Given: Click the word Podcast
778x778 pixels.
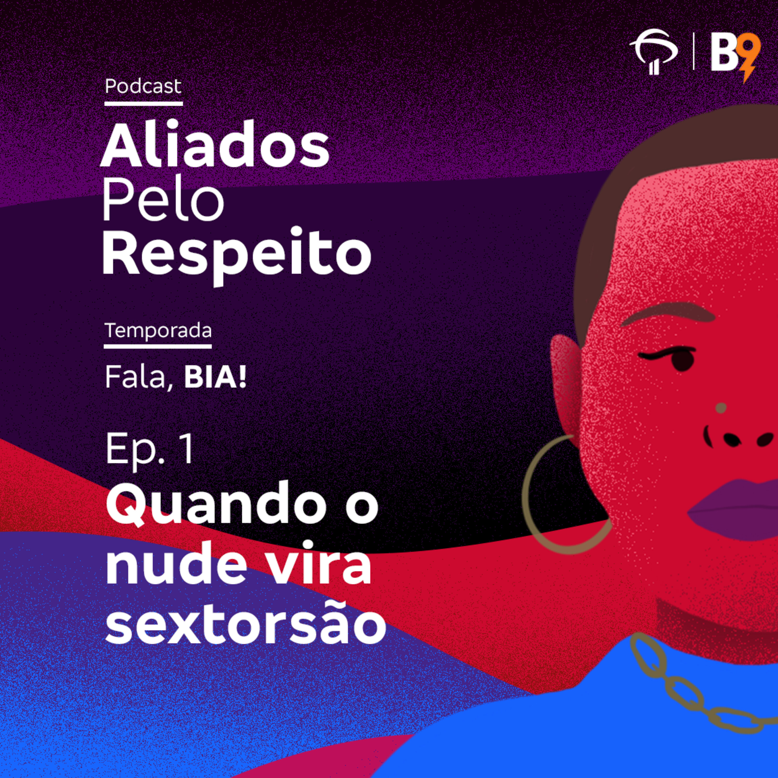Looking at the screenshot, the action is [143, 86].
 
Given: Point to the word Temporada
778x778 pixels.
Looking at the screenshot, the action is [158, 331].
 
